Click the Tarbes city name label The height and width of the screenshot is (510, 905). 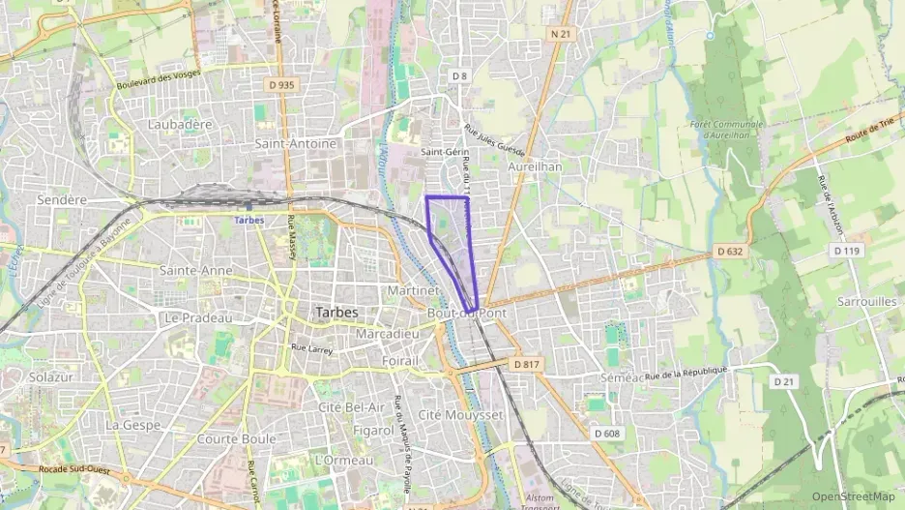pyautogui.click(x=336, y=313)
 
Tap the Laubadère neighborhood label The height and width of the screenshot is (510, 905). pyautogui.click(x=180, y=124)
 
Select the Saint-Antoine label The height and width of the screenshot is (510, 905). pyautogui.click(x=296, y=143)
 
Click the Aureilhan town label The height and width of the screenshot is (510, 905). pyautogui.click(x=535, y=166)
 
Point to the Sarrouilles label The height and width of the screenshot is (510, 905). pyautogui.click(x=867, y=301)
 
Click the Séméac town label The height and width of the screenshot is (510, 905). pyautogui.click(x=621, y=376)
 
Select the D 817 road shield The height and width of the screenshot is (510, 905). pyautogui.click(x=526, y=364)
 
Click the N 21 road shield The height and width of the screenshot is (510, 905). pyautogui.click(x=561, y=34)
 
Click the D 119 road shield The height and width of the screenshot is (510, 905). pyautogui.click(x=846, y=250)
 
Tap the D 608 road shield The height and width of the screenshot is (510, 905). pyautogui.click(x=606, y=433)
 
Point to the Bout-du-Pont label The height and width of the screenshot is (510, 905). pyautogui.click(x=466, y=314)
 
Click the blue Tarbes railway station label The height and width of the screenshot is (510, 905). pyautogui.click(x=250, y=220)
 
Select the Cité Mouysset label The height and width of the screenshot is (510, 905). pyautogui.click(x=461, y=414)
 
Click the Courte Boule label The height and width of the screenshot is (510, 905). pyautogui.click(x=236, y=438)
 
